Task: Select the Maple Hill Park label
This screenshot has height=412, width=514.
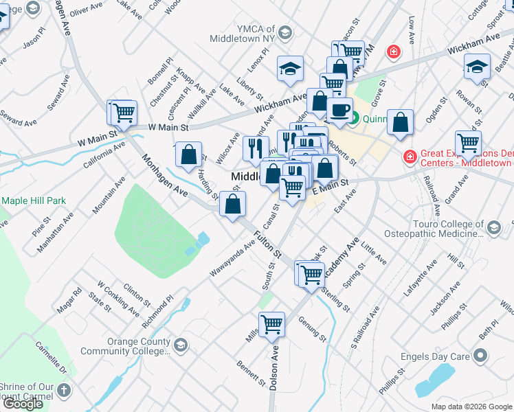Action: pyautogui.click(x=34, y=201)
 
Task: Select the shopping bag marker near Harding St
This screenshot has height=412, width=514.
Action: pyautogui.click(x=188, y=155)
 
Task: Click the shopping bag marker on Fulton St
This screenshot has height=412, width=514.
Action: pyautogui.click(x=233, y=204)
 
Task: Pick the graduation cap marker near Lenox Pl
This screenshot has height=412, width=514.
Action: pyautogui.click(x=291, y=68)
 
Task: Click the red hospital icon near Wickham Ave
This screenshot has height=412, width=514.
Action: pyautogui.click(x=393, y=51)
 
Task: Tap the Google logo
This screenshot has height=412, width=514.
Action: pyautogui.click(x=23, y=404)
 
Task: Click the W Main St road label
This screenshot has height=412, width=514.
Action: pyautogui.click(x=169, y=127)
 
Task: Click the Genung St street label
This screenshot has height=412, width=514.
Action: pyautogui.click(x=313, y=325)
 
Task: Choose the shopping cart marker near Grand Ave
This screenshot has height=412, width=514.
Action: pyautogui.click(x=468, y=143)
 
